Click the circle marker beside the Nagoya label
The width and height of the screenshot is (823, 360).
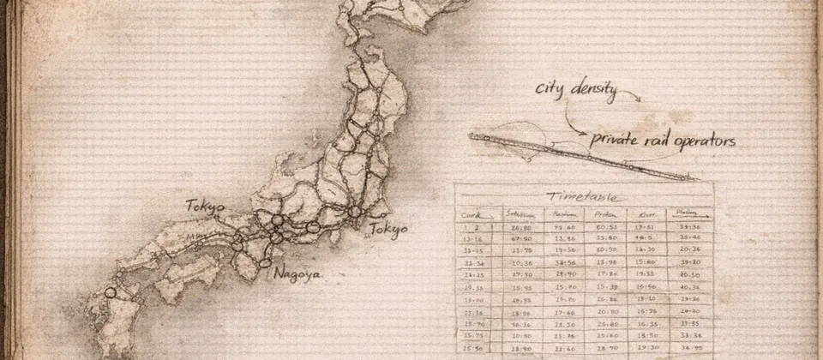pos(267,262)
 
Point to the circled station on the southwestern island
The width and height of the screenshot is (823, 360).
pos(110,293)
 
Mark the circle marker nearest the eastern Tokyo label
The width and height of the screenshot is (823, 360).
pos(354,211)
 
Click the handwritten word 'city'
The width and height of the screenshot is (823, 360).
pos(550,88)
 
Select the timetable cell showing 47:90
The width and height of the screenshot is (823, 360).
pos(521,239)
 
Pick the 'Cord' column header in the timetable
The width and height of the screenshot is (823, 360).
pos(471,215)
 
